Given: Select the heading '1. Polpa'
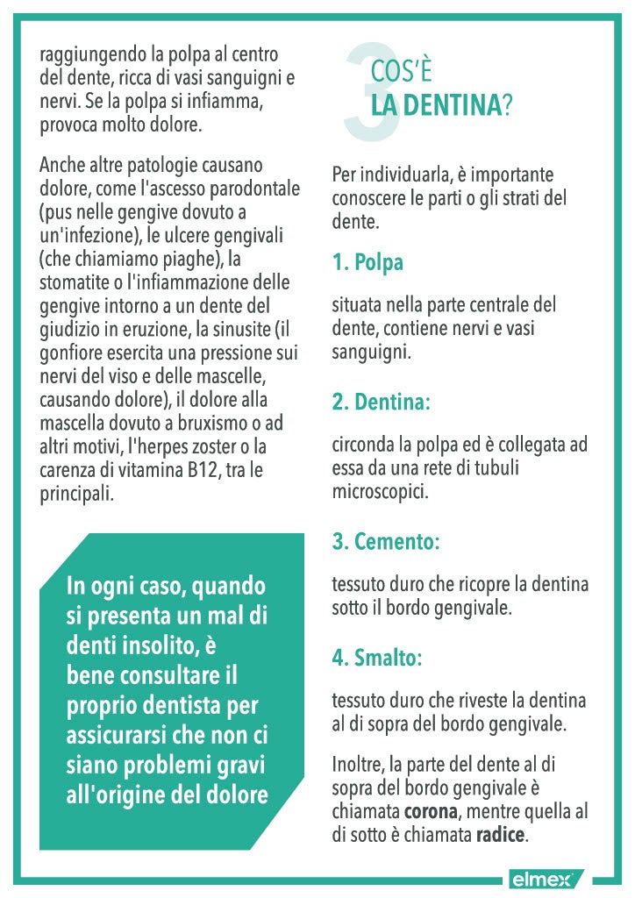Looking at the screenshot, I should [x=367, y=262].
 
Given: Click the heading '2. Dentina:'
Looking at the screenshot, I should [x=381, y=403].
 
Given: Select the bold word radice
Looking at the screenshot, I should [x=500, y=835].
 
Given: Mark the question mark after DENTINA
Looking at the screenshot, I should [x=507, y=106].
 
